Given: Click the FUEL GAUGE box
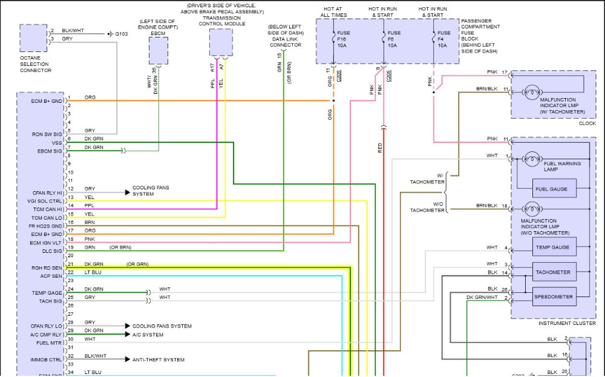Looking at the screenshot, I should pos(551,189).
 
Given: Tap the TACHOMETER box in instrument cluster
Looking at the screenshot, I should pos(552,272).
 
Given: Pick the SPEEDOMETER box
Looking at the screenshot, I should pos(552,297).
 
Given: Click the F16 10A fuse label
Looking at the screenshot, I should pos(344,39).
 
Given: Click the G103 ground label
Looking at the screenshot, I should pos(122,34).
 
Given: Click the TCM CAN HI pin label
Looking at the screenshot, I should pos(47,209).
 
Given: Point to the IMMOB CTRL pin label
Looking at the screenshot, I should pos(47,359).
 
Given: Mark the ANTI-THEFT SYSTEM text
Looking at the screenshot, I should pos(159,359).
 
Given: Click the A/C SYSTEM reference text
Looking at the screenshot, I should pos(148,335).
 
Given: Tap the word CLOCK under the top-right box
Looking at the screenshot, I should pos(587,123).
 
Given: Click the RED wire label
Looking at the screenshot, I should pos(381,148).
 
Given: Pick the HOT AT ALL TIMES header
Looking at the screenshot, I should pos(334,12).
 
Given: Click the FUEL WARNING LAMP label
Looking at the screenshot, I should pos(562,166).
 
